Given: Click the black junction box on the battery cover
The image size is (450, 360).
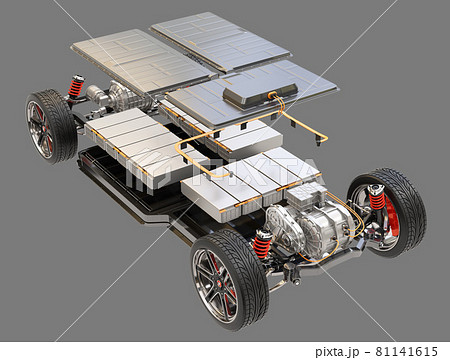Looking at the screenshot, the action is pos(260,94).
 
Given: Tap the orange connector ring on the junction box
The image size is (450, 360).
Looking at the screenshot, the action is pos(272,95).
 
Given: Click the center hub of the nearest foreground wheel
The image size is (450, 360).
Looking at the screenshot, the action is pos(219,282).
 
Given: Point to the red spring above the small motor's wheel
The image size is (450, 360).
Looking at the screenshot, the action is pos(76,86).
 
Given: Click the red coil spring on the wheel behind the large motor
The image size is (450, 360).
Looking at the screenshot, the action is pos(377,198).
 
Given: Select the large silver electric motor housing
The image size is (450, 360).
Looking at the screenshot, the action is pos(310,228).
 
